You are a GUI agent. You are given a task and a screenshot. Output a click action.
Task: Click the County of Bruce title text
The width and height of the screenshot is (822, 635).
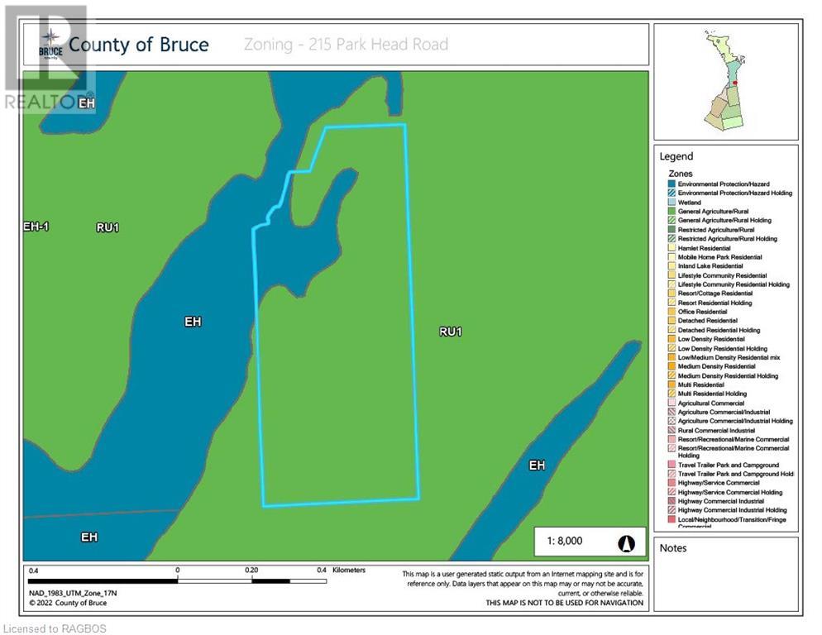(x=138, y=44)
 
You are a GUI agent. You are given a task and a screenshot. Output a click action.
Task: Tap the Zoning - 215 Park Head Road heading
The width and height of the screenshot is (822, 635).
(x=346, y=44)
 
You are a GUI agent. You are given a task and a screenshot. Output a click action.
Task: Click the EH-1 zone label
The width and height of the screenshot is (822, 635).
(x=36, y=226)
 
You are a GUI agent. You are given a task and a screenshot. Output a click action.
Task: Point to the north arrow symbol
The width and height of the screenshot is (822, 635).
(x=626, y=542)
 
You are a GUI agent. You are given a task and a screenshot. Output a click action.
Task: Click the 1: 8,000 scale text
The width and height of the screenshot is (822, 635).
(x=565, y=542)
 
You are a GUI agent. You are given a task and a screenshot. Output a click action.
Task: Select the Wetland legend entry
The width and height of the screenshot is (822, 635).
(x=689, y=202)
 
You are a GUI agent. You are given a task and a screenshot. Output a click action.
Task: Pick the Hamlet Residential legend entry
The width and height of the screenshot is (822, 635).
(x=704, y=248)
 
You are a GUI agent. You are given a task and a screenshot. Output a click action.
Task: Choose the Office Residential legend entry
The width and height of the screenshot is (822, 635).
(x=702, y=312)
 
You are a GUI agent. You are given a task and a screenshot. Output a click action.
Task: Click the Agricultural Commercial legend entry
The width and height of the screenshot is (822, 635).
(x=710, y=403)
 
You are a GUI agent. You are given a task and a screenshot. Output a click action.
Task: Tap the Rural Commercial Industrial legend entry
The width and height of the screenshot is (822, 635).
(x=715, y=430)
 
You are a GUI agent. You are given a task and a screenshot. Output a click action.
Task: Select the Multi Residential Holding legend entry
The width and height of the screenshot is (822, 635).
(x=712, y=394)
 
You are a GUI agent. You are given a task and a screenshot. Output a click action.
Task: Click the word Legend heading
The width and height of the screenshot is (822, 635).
(x=676, y=156)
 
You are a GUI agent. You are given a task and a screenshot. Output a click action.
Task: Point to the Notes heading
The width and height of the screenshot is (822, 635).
(x=673, y=548)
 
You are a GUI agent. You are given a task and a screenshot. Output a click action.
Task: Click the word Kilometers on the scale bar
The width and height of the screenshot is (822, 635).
(x=348, y=571)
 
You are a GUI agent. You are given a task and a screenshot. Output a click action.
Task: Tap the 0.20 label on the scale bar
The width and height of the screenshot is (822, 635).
(x=251, y=571)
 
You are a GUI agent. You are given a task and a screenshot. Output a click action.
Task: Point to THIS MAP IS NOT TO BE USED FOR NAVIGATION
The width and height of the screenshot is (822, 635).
(x=564, y=603)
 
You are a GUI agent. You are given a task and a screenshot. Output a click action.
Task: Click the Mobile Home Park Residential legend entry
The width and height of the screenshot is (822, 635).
(x=719, y=257)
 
